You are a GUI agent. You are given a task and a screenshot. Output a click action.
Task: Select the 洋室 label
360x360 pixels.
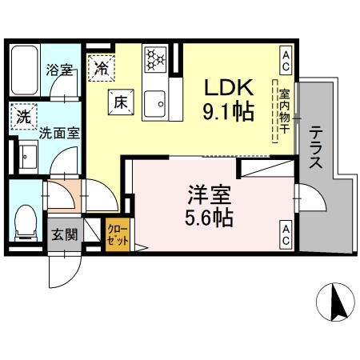(x=210, y=194)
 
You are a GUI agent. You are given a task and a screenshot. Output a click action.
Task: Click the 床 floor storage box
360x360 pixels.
(x=119, y=102)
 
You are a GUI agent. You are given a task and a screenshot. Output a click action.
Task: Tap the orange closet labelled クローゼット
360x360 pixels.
(x=117, y=234)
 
